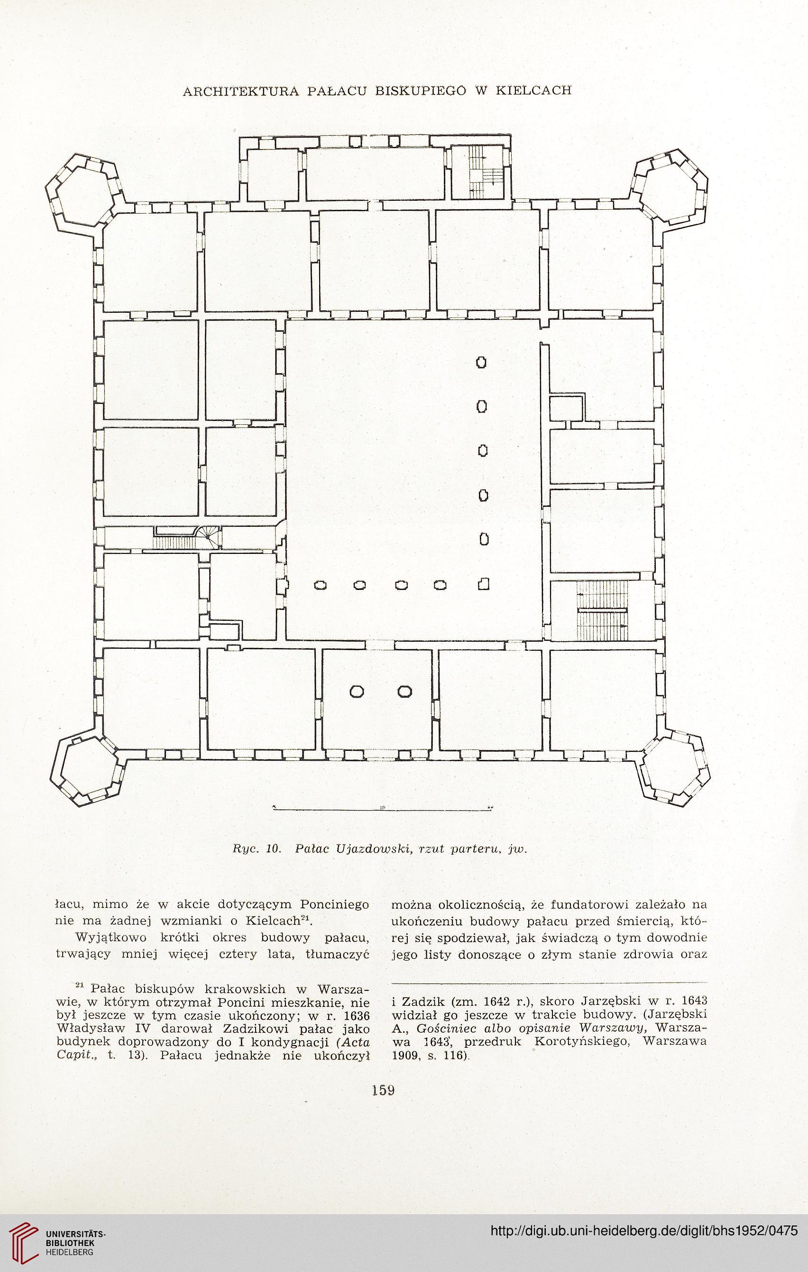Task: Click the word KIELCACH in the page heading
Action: coord(533,90)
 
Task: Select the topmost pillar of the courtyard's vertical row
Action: coord(481,362)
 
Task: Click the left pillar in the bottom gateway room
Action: coord(357,692)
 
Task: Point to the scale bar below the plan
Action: coord(382,809)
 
